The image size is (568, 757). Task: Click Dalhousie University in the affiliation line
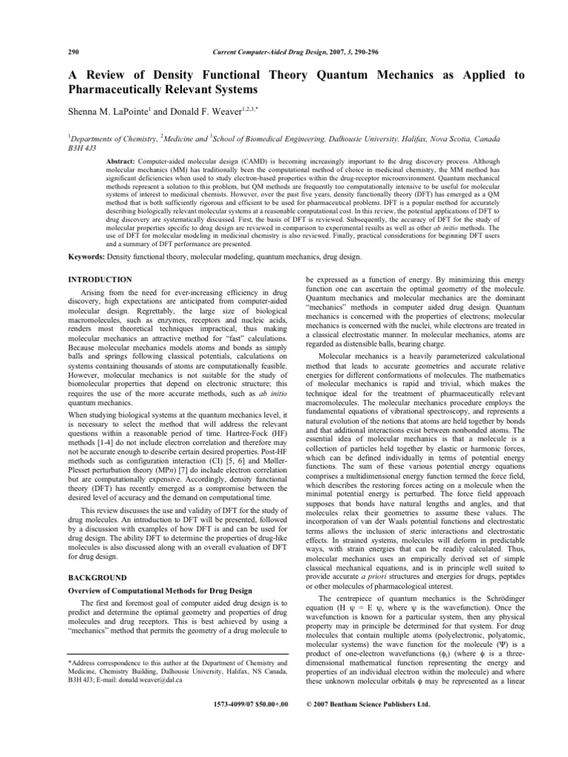[351, 136]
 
